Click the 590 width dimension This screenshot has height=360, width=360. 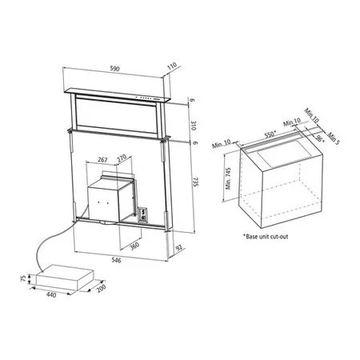114,69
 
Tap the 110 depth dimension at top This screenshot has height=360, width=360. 172,66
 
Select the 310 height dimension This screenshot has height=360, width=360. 194,126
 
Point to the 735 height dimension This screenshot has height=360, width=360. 195,182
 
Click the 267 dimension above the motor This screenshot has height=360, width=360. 102,160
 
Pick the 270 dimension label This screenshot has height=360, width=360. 122,158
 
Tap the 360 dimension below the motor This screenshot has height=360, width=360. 135,246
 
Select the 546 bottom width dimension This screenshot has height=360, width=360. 116,260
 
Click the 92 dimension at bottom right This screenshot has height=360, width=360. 179,248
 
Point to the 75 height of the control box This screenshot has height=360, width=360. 23,278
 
